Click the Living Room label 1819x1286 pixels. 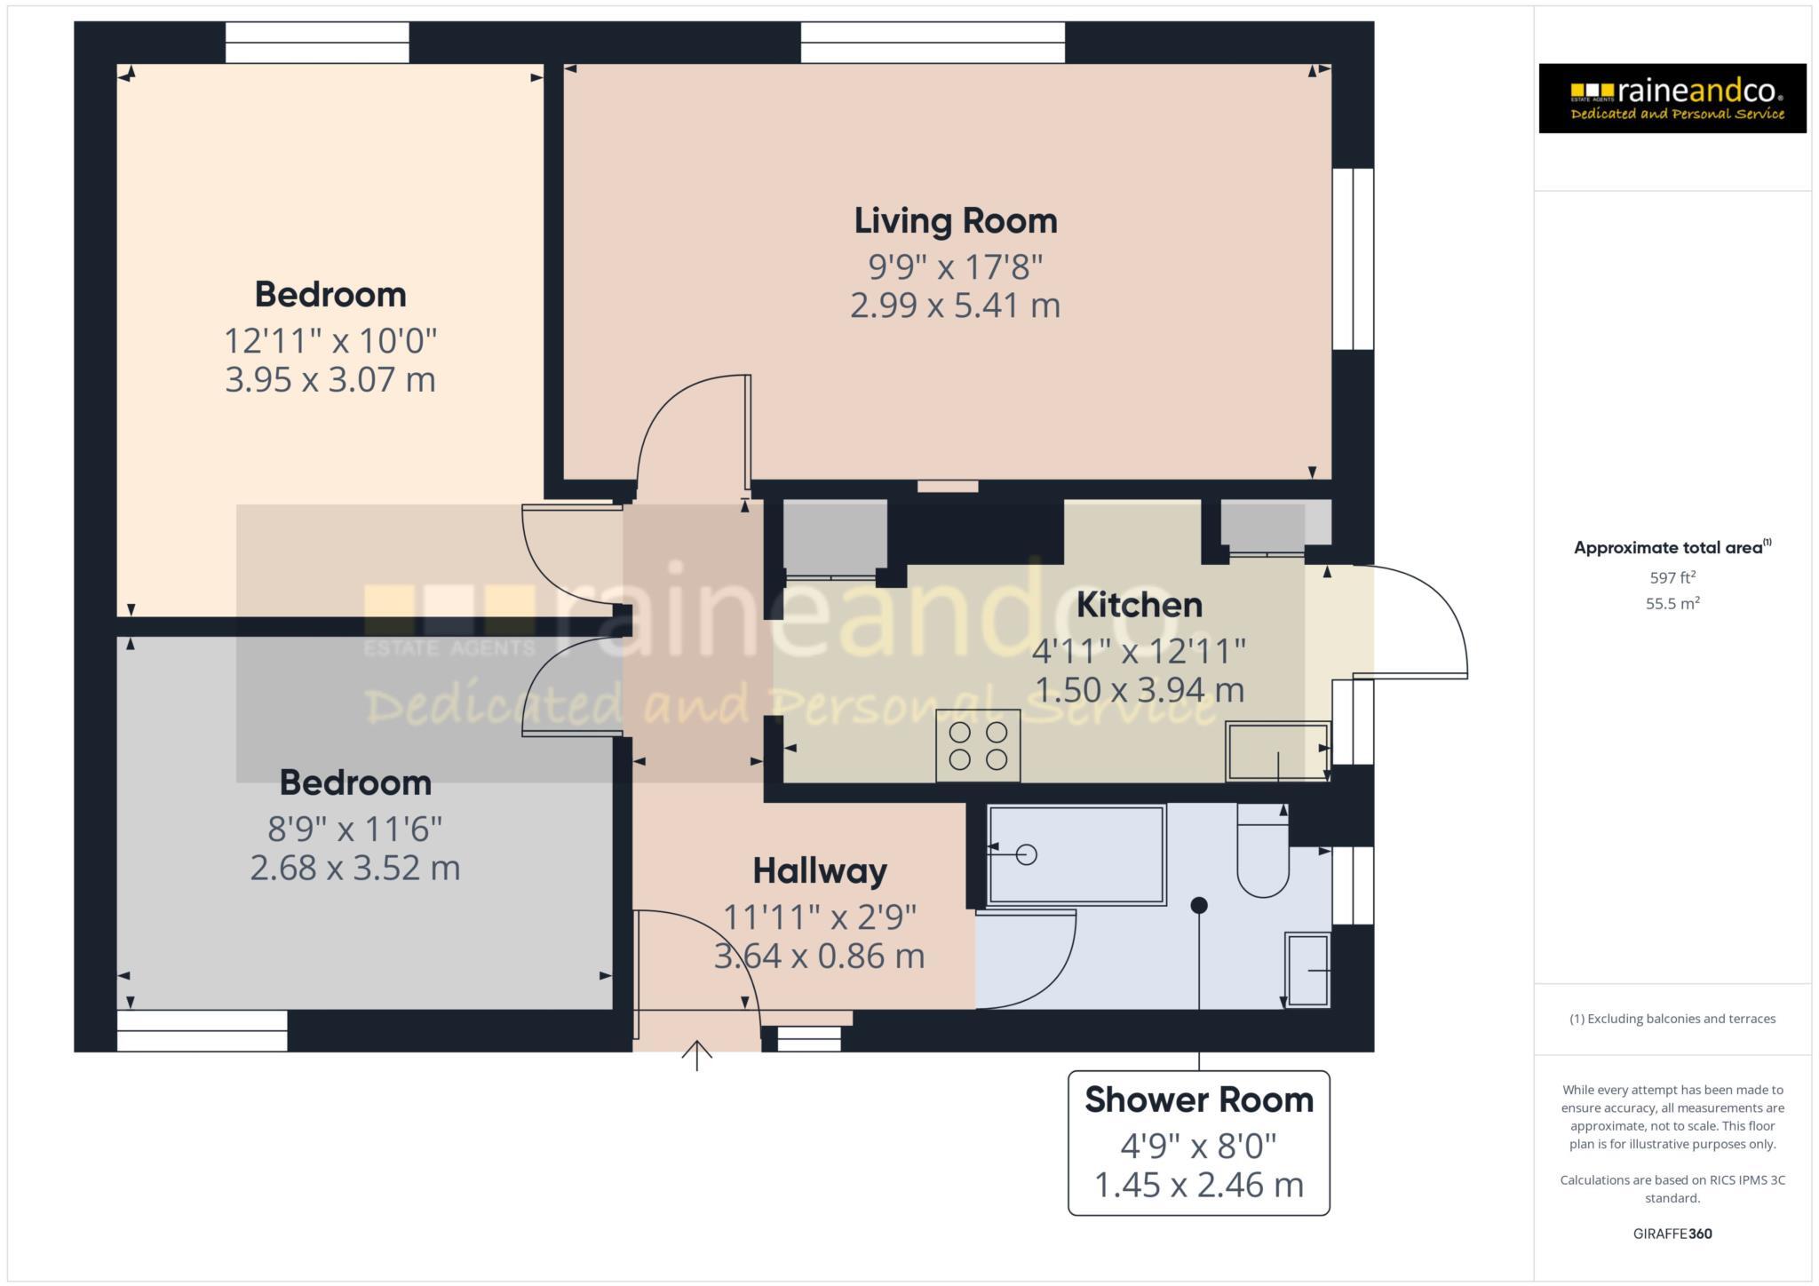click(x=956, y=221)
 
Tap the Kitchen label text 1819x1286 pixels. click(x=1140, y=605)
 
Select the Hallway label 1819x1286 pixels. click(x=819, y=870)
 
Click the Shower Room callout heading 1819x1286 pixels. click(x=1198, y=1099)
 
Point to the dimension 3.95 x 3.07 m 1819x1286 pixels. click(x=330, y=380)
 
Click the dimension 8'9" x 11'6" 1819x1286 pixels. click(x=354, y=830)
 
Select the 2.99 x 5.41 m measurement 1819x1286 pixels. click(x=955, y=306)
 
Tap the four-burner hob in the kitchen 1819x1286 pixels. click(x=978, y=746)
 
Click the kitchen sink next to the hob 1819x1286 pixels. click(x=1276, y=751)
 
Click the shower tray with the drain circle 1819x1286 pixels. click(x=1076, y=854)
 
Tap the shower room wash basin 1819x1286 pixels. click(x=1307, y=970)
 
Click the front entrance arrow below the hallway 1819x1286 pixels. click(x=697, y=1056)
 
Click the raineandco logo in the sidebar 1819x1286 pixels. click(x=1672, y=99)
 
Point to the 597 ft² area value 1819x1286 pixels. click(x=1672, y=578)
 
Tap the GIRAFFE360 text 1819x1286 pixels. click(x=1672, y=1234)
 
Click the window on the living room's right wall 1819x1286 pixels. click(x=1353, y=258)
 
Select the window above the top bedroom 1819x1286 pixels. click(x=317, y=43)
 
